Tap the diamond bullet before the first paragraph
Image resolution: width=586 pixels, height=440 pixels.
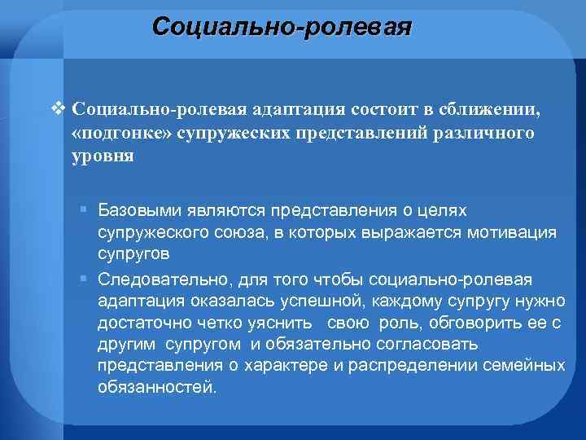click(56, 109)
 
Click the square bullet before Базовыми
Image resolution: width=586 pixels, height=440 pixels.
click(84, 211)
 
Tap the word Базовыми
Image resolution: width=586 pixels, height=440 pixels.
click(136, 211)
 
